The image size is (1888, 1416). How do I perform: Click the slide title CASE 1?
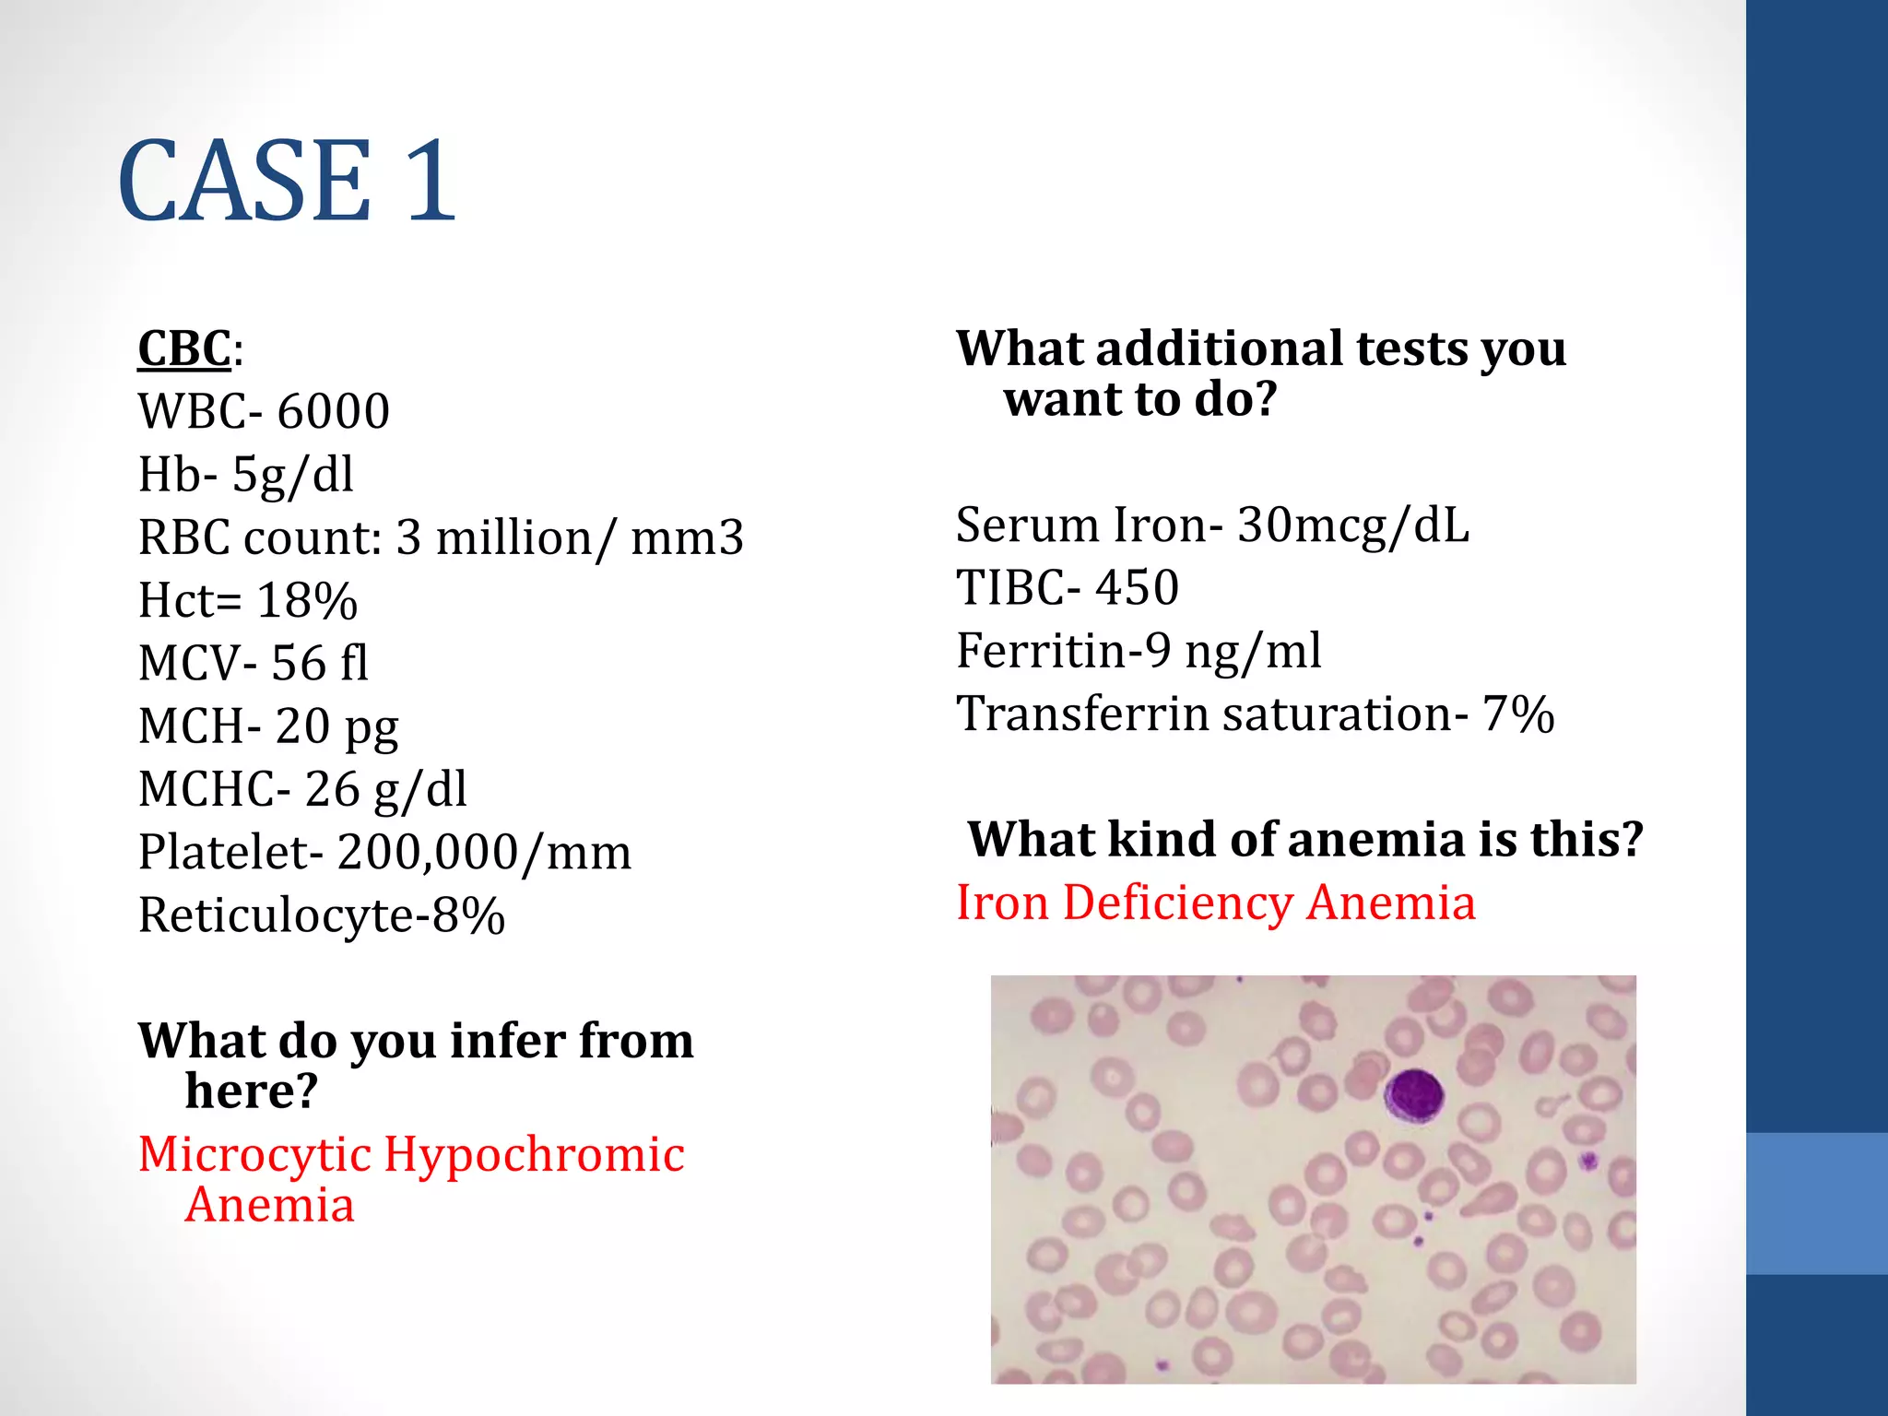(x=287, y=181)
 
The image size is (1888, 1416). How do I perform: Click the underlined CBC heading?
(x=184, y=349)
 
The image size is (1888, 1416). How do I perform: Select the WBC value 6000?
(x=333, y=411)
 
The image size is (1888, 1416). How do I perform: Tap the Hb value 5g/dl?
(x=292, y=475)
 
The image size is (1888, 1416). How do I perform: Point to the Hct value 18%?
(x=307, y=601)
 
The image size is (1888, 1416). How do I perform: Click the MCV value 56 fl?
(x=320, y=664)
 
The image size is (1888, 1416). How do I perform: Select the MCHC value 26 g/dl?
(x=385, y=790)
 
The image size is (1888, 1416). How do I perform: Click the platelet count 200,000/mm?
(x=484, y=853)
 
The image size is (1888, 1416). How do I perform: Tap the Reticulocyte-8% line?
(x=322, y=915)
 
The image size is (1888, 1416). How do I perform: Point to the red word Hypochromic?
(x=535, y=1154)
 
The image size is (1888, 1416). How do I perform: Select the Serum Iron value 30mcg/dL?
(x=1352, y=525)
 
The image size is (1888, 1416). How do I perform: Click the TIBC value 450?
(x=1138, y=588)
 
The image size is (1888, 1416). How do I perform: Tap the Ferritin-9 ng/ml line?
(x=1139, y=651)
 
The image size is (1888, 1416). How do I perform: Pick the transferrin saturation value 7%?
(x=1518, y=714)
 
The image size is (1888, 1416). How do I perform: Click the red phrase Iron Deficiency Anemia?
(x=1216, y=903)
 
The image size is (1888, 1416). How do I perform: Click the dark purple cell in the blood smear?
(x=1413, y=1095)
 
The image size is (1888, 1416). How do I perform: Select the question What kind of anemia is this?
(x=1304, y=840)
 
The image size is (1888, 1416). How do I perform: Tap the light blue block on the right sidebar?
(x=1817, y=1203)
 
